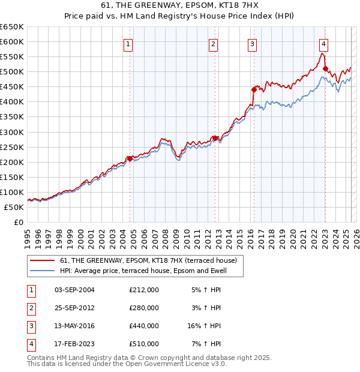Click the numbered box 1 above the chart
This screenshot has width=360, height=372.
coord(129,43)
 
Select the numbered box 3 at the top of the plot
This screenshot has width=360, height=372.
coord(252,43)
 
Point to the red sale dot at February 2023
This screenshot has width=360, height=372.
coord(325,68)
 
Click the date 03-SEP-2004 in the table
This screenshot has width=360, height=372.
coord(75,290)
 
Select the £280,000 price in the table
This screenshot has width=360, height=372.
coord(144,308)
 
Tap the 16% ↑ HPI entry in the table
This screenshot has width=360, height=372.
coord(204,326)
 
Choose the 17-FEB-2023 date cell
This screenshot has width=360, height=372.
coord(75,344)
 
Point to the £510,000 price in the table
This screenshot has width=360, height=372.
coord(144,344)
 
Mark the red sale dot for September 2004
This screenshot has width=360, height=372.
coord(130,158)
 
